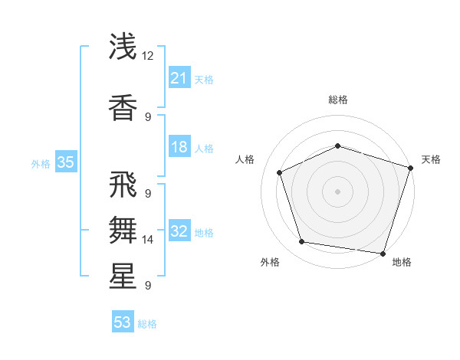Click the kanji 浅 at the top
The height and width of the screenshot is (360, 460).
point(123,47)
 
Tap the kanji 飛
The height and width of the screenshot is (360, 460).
point(123,185)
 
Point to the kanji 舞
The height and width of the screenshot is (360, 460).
point(123,228)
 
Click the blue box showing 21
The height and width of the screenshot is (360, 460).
point(179,78)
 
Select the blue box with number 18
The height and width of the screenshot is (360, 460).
point(179,147)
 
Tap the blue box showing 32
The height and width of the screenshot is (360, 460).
point(179,231)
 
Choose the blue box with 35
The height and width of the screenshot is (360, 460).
point(65,162)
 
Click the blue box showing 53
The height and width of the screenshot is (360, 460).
point(123,322)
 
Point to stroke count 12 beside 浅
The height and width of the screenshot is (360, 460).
point(148,56)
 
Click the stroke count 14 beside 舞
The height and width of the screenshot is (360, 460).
point(148,240)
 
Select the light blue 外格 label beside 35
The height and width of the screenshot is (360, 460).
point(40,163)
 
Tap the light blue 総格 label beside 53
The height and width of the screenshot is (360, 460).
point(147,324)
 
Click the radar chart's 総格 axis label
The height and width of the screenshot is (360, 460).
point(337,100)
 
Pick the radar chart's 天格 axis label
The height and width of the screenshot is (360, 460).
point(431,159)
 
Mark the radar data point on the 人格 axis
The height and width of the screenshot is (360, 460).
point(280,172)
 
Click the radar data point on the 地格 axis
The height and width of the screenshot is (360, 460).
point(383,253)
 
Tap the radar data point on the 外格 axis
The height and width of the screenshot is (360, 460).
point(302,242)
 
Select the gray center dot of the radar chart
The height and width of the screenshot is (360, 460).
point(337,191)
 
